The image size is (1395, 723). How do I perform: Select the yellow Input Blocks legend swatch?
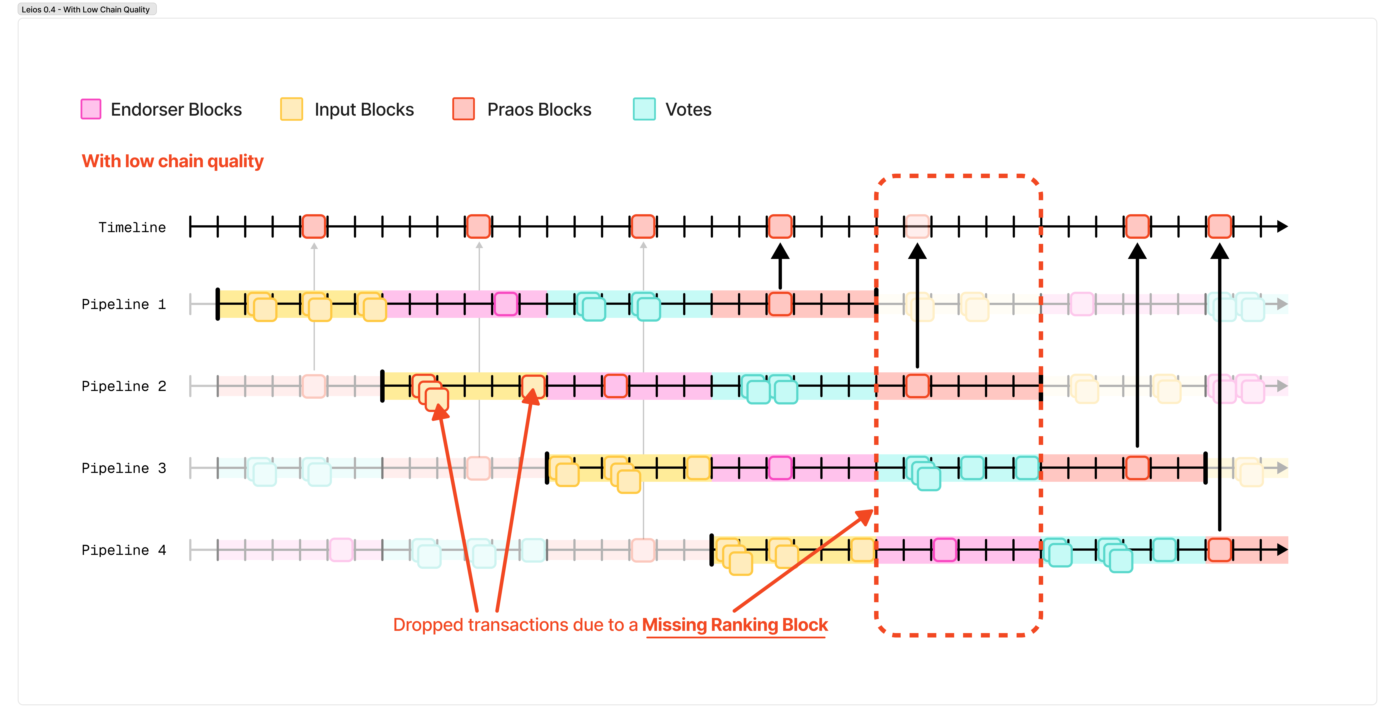coord(291,109)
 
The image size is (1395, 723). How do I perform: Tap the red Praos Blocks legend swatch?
coord(464,109)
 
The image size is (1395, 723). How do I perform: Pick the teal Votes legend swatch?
coord(644,109)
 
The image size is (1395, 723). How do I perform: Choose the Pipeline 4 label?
coord(123,550)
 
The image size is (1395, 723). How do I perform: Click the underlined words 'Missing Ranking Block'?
coord(735,625)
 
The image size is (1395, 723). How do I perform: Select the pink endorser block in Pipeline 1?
coord(506,304)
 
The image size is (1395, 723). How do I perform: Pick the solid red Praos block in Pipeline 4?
coord(1220,550)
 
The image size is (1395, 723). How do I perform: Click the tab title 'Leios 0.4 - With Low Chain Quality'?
coord(86,9)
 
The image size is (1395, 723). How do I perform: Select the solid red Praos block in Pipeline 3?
coord(1137,468)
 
